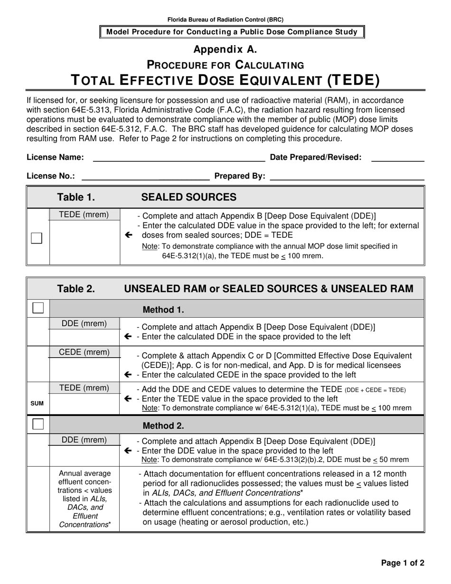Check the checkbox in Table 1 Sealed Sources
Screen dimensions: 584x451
(x=37, y=238)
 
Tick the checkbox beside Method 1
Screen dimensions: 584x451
(x=38, y=308)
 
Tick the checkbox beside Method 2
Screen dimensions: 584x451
(x=38, y=424)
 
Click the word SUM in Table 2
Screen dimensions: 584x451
(x=37, y=404)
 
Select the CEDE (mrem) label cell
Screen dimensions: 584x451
(x=85, y=352)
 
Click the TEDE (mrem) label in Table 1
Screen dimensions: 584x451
(x=84, y=215)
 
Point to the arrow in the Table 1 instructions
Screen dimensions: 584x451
(x=128, y=235)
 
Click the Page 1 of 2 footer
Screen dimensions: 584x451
(x=403, y=563)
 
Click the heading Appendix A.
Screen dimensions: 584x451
(x=225, y=49)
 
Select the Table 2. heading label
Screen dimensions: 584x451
(x=76, y=288)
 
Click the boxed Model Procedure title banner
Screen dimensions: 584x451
(x=232, y=32)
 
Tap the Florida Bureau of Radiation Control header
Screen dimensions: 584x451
(x=225, y=19)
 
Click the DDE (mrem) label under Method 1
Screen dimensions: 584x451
(x=85, y=324)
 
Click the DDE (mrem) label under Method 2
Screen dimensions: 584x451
(x=85, y=440)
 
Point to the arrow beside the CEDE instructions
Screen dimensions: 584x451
(x=128, y=375)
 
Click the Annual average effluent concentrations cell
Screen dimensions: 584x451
(x=85, y=499)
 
